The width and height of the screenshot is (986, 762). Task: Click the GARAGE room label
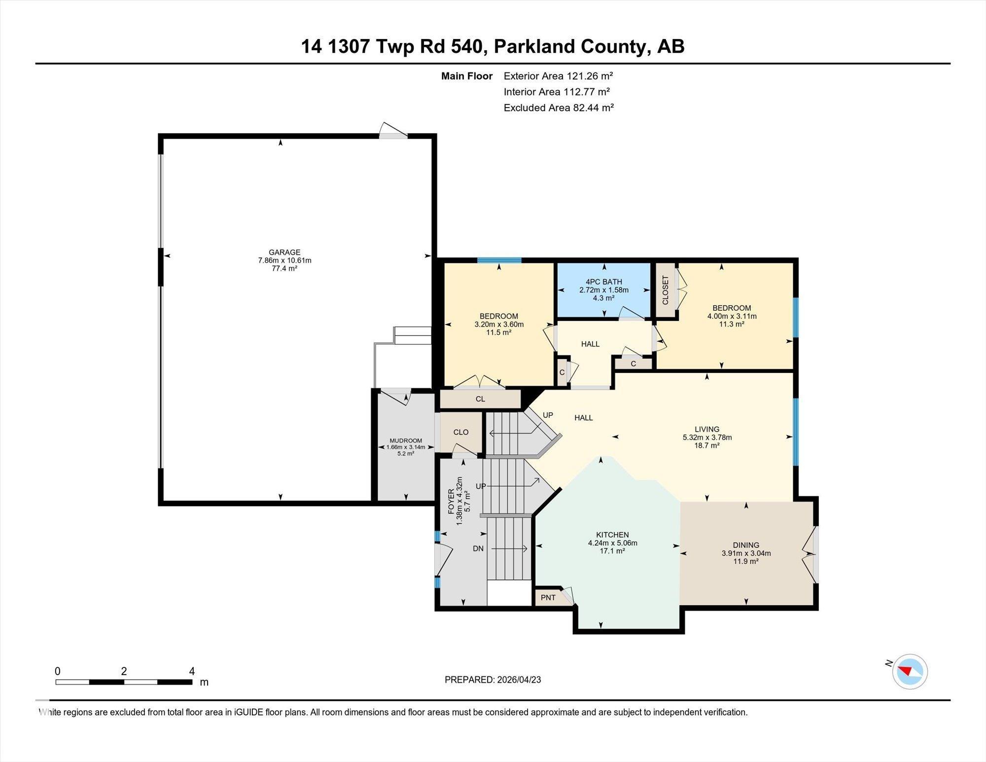(x=284, y=252)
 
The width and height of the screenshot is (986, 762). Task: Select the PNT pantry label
(x=548, y=598)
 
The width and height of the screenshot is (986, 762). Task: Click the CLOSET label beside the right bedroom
(x=665, y=290)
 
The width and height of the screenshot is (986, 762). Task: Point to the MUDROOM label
(x=406, y=440)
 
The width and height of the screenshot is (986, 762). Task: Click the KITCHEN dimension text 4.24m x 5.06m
(x=612, y=543)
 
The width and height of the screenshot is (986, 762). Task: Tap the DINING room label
(x=745, y=545)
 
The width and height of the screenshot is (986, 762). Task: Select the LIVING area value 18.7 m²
(x=707, y=445)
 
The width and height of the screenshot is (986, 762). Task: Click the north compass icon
(x=910, y=671)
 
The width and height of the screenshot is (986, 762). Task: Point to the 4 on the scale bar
(x=192, y=671)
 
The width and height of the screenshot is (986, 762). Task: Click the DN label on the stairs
(x=478, y=548)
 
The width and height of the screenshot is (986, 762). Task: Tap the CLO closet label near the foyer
(x=461, y=432)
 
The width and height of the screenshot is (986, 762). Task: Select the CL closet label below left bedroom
(x=480, y=399)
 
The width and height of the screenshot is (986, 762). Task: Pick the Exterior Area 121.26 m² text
(x=558, y=76)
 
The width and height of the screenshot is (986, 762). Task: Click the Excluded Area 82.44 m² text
(x=558, y=108)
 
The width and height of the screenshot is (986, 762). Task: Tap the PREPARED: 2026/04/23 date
(x=493, y=680)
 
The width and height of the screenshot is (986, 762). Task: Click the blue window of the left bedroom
(x=499, y=260)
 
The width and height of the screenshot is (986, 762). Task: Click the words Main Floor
(x=466, y=76)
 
